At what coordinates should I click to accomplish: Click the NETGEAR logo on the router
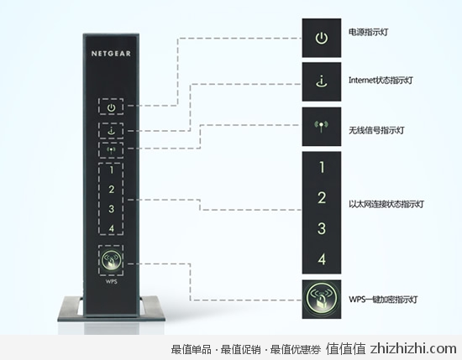[x=111, y=54]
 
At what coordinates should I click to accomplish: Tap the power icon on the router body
[x=111, y=107]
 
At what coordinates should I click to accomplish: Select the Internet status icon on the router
[x=111, y=130]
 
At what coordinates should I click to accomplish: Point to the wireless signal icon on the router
[x=111, y=150]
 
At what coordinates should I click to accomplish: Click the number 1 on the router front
[x=112, y=170]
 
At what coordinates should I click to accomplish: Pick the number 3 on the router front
[x=111, y=209]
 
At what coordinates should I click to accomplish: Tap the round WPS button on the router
[x=111, y=260]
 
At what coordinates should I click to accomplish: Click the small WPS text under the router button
[x=112, y=282]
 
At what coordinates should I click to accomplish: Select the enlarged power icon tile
[x=322, y=38]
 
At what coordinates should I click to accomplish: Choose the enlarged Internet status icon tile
[x=322, y=82]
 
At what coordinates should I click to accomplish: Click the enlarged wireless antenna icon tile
[x=322, y=127]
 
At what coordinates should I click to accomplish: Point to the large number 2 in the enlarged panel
[x=322, y=197]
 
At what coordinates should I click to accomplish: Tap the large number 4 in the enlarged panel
[x=322, y=259]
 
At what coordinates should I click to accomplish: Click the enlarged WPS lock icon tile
[x=322, y=300]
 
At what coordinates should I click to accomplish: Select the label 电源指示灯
[x=368, y=32]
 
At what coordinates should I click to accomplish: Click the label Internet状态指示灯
[x=381, y=80]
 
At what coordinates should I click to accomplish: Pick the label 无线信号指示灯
[x=376, y=130]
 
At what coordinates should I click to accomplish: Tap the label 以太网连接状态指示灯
[x=386, y=204]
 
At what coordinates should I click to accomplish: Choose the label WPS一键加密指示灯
[x=383, y=300]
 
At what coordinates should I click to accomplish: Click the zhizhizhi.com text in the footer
[x=413, y=349]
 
